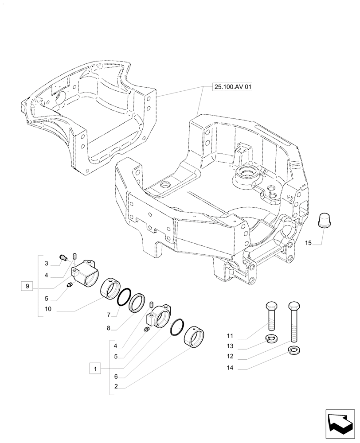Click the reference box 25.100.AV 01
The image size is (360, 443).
(232, 88)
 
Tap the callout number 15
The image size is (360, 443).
(309, 243)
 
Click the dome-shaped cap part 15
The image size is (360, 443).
(326, 219)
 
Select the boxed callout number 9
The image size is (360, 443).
(27, 287)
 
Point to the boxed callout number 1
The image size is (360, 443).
(95, 368)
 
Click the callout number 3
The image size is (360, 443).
(46, 264)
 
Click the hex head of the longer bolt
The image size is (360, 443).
(293, 307)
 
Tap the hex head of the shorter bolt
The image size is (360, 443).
(272, 307)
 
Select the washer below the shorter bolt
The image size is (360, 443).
(272, 339)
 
